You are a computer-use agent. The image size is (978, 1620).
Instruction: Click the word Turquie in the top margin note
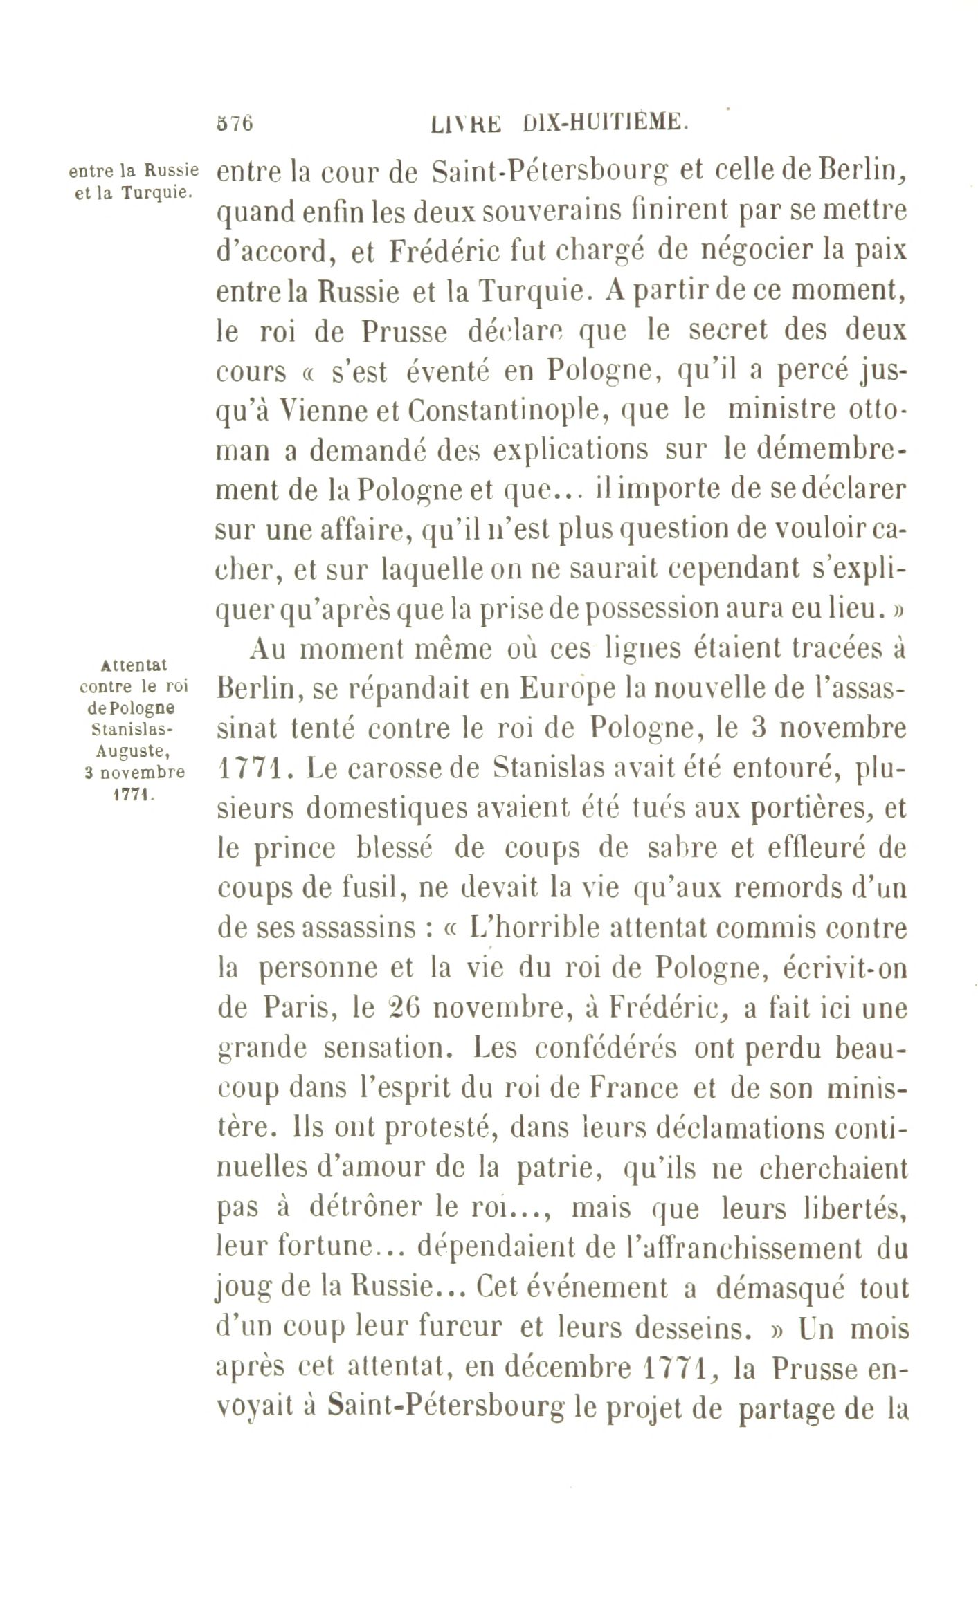[x=154, y=192]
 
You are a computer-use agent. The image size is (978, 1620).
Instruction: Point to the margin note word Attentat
[x=134, y=665]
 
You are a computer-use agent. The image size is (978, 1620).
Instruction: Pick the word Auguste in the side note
[x=133, y=748]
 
